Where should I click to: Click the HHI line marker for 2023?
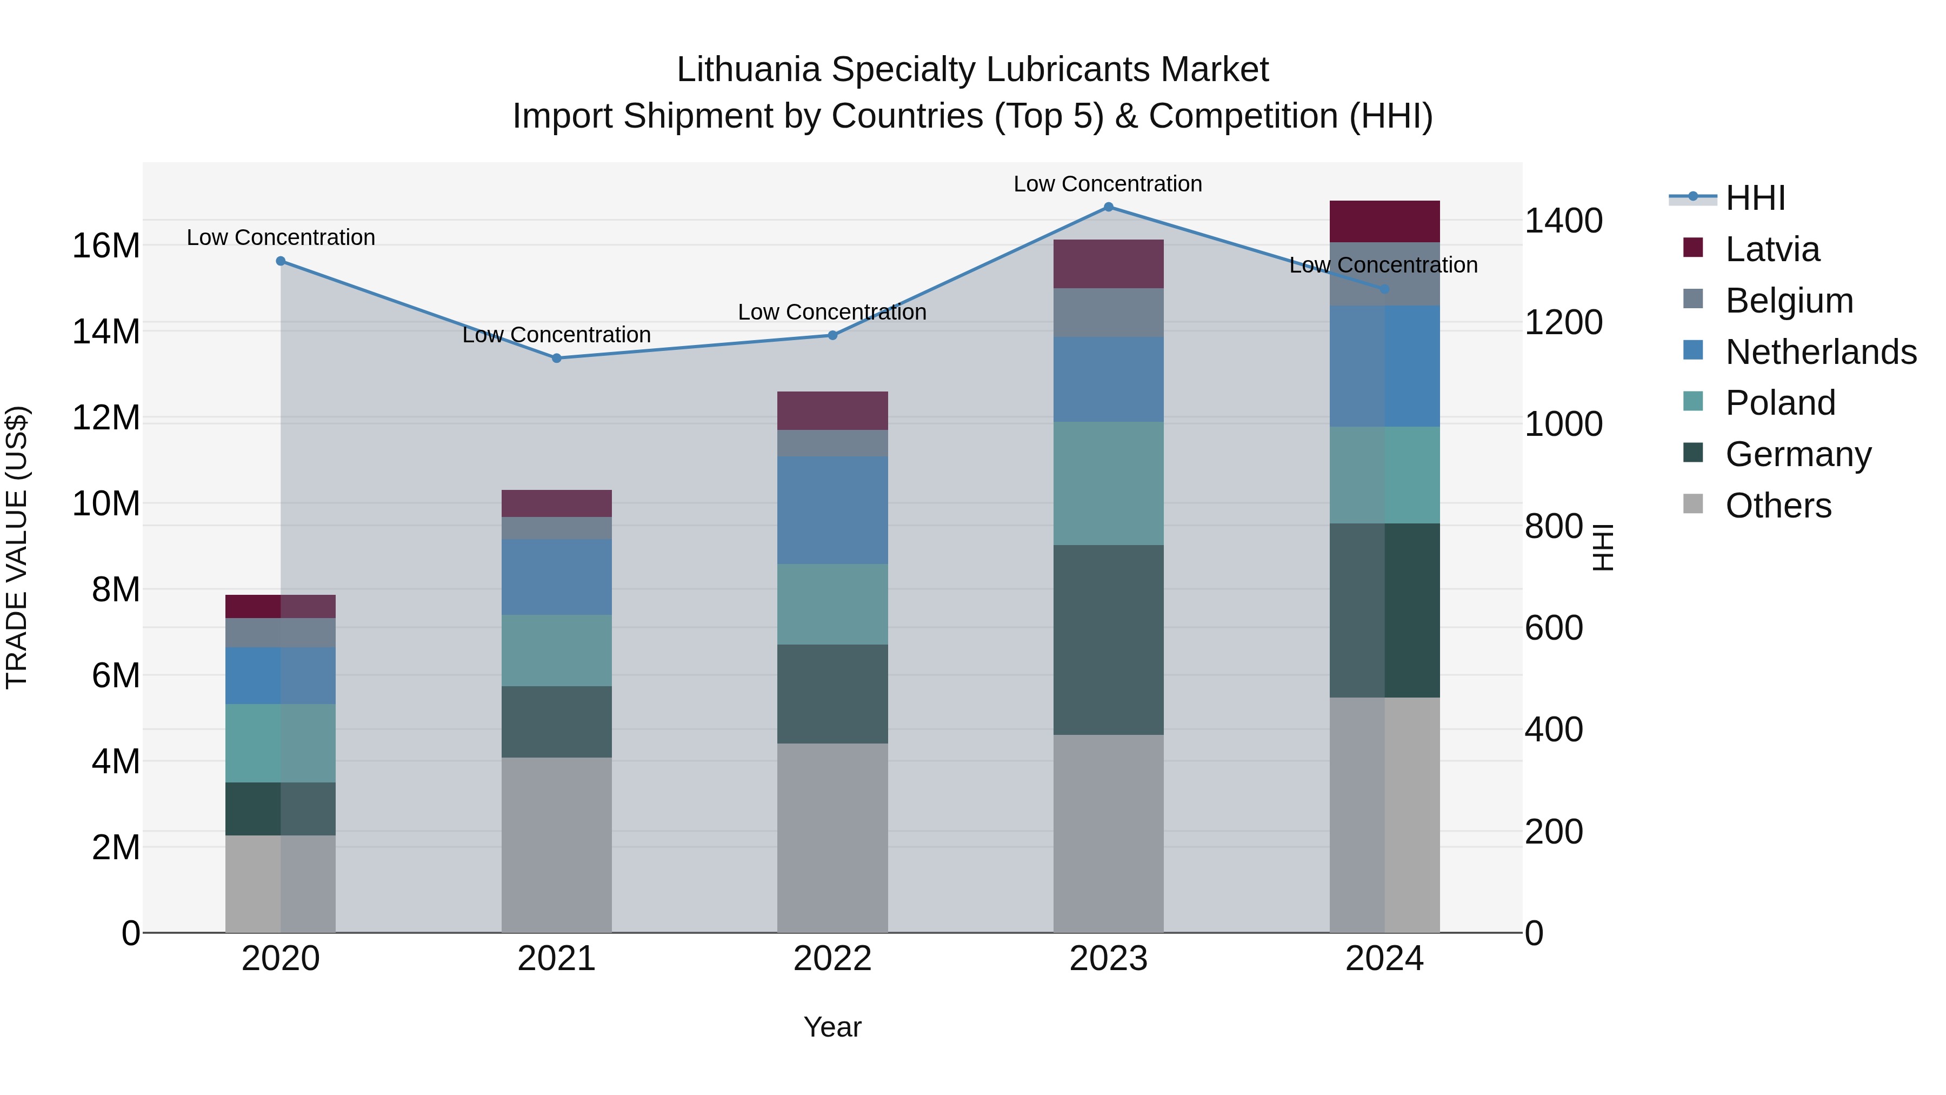[x=1108, y=207]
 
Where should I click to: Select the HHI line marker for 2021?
[x=557, y=358]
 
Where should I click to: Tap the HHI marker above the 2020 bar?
[x=281, y=261]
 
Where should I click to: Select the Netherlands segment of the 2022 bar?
[x=832, y=510]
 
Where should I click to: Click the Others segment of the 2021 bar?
[x=557, y=845]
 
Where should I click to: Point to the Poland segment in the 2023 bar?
[x=1108, y=483]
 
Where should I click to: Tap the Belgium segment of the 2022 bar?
[x=832, y=443]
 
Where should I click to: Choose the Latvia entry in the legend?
[x=1772, y=249]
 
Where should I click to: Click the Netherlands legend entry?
[x=1821, y=352]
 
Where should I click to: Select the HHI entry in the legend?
[x=1755, y=198]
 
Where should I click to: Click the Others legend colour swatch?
[x=1694, y=504]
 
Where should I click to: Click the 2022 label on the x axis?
[x=832, y=959]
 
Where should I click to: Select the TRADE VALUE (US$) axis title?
[x=17, y=547]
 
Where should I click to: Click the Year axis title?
[x=832, y=1027]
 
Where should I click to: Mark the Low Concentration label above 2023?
[x=1108, y=184]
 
